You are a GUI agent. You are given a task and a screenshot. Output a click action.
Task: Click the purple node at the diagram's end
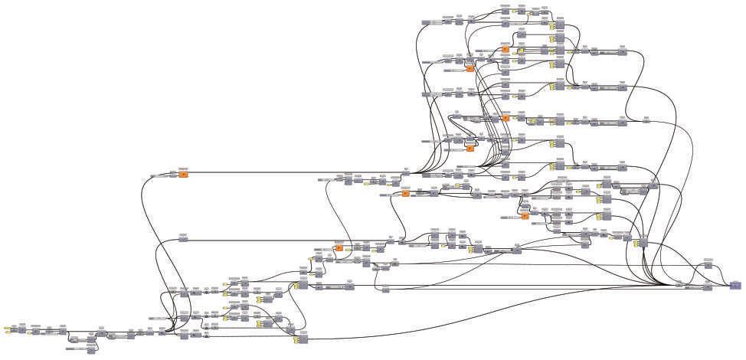tap(735, 285)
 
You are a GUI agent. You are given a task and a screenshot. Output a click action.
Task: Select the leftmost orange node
tap(184, 175)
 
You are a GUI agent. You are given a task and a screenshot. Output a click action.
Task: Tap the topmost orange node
tap(506, 49)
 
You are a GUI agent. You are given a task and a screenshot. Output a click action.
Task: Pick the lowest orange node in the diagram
tap(338, 248)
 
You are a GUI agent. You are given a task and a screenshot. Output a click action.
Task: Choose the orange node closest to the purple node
tap(525, 216)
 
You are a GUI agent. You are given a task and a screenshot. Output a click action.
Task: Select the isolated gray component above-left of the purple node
tap(708, 265)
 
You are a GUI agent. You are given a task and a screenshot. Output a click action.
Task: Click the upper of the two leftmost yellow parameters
tap(7, 327)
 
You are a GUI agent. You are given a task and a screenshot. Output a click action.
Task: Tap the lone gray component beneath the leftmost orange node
tap(183, 239)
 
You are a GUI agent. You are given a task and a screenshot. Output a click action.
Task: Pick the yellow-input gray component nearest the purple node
tap(642, 242)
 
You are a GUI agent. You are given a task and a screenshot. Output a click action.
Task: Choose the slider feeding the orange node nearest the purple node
tap(510, 217)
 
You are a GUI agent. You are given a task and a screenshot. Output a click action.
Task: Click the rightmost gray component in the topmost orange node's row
tap(622, 52)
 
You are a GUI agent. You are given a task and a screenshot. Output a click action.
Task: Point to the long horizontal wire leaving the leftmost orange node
tap(291, 173)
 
